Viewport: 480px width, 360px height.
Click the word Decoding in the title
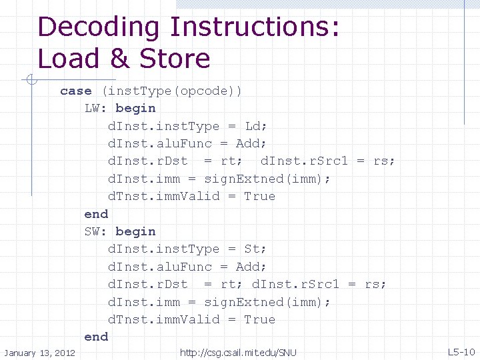(x=99, y=28)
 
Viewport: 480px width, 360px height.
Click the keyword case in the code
(x=75, y=91)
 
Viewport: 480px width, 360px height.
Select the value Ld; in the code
(x=256, y=126)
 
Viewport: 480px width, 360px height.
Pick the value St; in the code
(x=255, y=249)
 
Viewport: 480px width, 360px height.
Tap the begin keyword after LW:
(x=135, y=108)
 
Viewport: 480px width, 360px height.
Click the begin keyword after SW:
(x=135, y=231)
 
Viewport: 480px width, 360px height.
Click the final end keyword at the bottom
(x=96, y=337)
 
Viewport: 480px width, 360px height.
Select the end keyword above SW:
(x=96, y=213)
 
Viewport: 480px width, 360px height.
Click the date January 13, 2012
(x=39, y=352)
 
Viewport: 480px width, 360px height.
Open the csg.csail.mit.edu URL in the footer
(x=238, y=352)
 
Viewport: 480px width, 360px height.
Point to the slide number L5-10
(x=461, y=352)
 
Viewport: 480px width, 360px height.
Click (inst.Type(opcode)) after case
(x=172, y=91)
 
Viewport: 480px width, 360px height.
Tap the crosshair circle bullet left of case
(x=29, y=81)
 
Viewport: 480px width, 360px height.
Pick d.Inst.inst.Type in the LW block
(x=163, y=126)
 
